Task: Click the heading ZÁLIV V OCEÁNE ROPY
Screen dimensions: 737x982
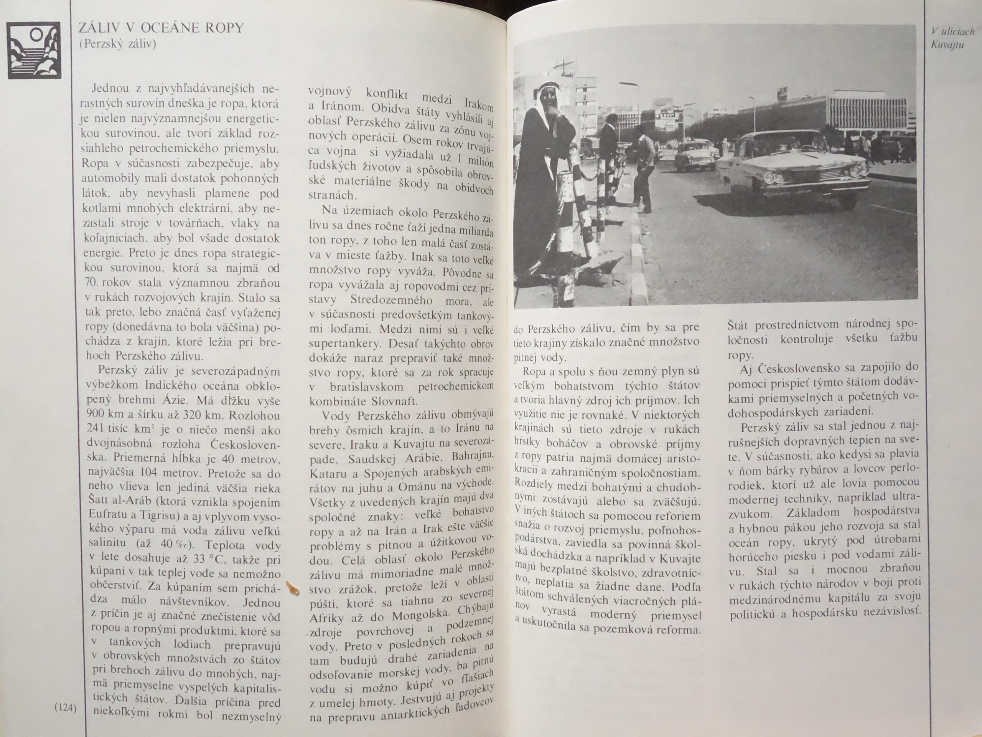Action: click(161, 28)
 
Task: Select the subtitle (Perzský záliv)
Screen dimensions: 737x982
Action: click(118, 45)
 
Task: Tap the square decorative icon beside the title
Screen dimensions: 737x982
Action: click(34, 50)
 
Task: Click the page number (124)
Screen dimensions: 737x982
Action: click(65, 708)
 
